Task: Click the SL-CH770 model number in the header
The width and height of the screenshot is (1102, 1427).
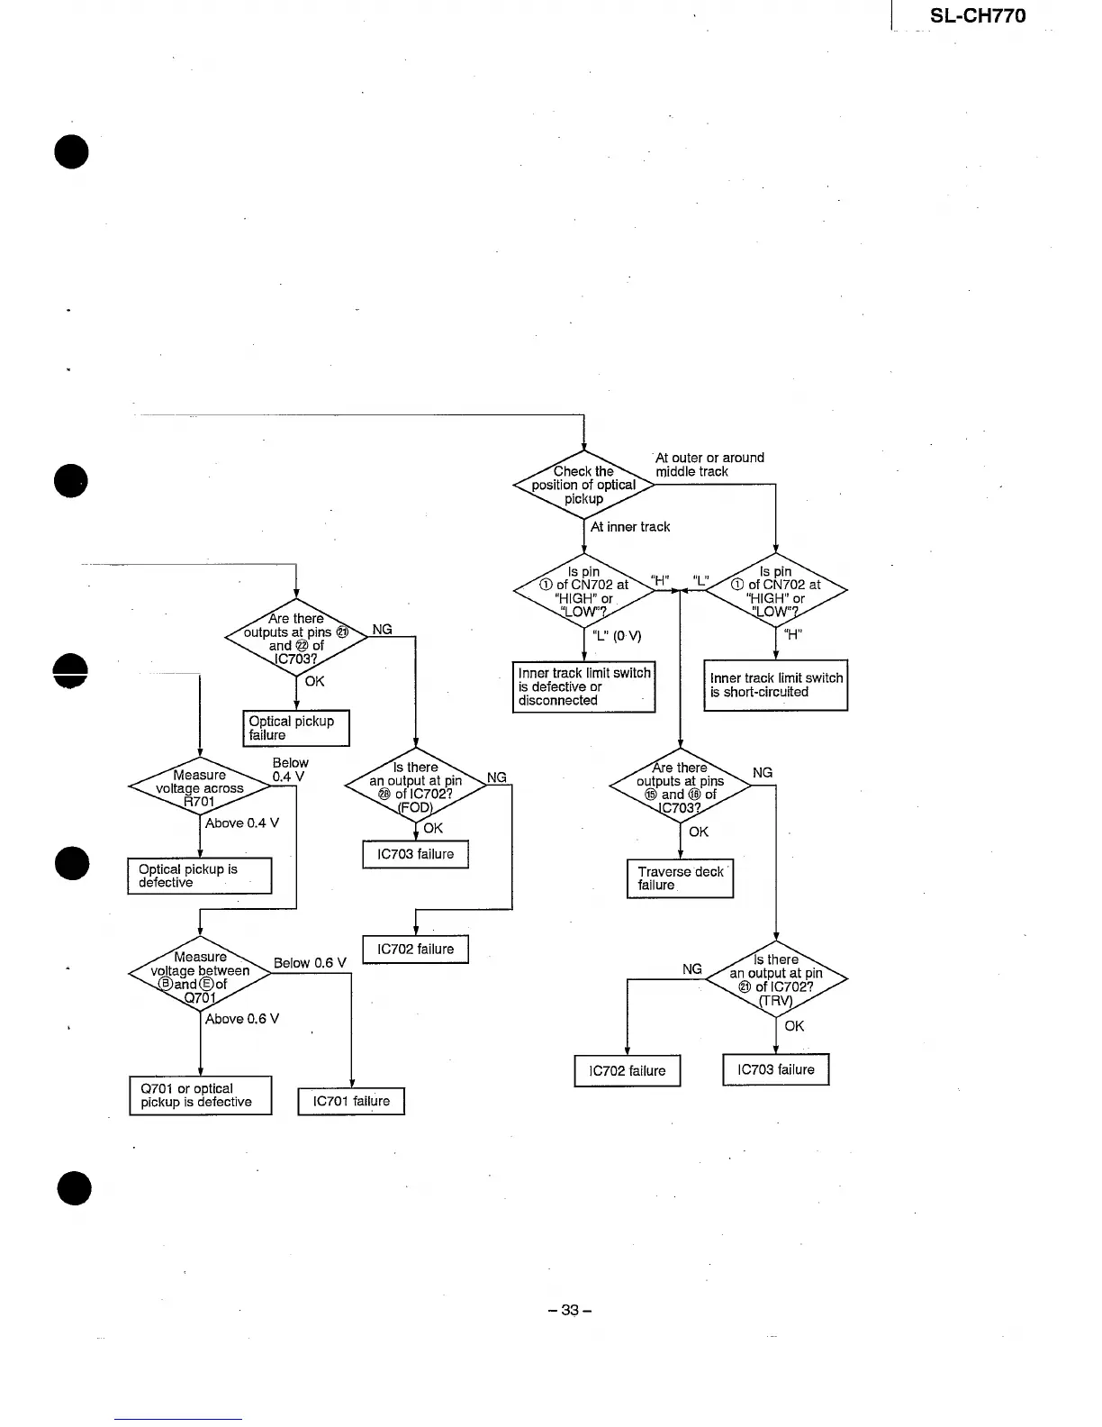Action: pos(977,15)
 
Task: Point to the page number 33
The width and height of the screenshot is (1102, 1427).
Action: pos(569,1310)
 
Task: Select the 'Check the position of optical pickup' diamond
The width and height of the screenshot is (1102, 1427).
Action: pos(583,485)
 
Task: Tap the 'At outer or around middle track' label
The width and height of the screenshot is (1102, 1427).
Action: pos(709,465)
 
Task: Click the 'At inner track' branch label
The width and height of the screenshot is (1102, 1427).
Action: pos(629,527)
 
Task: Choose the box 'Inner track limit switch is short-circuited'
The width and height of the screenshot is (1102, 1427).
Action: pos(775,686)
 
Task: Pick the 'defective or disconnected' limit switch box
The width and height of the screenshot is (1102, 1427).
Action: pos(583,686)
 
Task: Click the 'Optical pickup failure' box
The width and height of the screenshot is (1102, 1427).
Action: pos(295,728)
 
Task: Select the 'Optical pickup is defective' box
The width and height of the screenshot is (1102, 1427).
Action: pos(199,876)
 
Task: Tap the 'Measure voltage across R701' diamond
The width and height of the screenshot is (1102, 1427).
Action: pos(199,788)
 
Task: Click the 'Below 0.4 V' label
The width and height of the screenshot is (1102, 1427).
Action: pos(289,769)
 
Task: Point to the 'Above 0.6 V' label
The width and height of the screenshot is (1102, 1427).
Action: pos(242,1019)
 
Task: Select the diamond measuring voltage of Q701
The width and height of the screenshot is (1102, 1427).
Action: pos(199,977)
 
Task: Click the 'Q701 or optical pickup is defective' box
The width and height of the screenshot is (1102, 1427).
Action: pos(200,1095)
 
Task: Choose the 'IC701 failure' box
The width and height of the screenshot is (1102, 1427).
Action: pos(351,1101)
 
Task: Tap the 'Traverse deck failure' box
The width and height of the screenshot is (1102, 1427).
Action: pos(680,878)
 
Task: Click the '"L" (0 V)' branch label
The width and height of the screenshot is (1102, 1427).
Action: pos(617,636)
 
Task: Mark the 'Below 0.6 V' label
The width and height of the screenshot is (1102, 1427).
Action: pos(310,963)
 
